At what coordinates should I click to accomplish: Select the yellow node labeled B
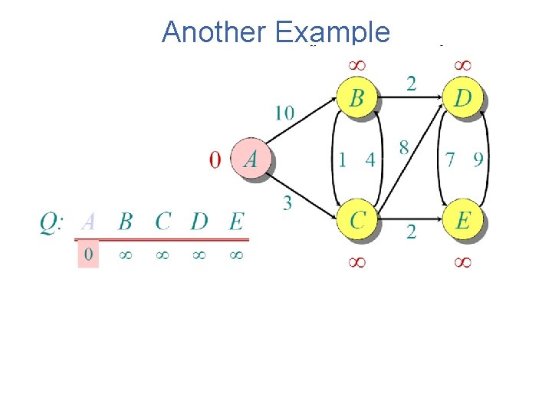coord(356,99)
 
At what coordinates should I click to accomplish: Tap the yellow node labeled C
coord(357,220)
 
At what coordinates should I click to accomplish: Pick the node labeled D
coord(462,99)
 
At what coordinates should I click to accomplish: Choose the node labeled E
coord(462,220)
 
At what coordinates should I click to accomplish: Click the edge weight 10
coord(284,113)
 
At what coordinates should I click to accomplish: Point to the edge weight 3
coord(287,202)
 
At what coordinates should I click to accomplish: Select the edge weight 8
coord(404,147)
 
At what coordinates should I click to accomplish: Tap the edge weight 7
coord(451,159)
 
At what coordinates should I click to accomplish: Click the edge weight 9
coord(478,159)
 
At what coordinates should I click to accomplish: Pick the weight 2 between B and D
coord(411,83)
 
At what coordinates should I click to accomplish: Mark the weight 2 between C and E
coord(411,232)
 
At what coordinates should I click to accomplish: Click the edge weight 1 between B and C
coord(343,159)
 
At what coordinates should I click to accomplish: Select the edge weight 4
coord(370,159)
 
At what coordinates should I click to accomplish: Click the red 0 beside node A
coord(215,159)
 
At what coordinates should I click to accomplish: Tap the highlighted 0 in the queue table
coord(88,254)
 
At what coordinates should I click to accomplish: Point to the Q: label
coord(51,222)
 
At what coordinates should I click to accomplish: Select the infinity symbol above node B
coord(356,66)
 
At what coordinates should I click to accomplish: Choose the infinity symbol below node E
coord(462,262)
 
